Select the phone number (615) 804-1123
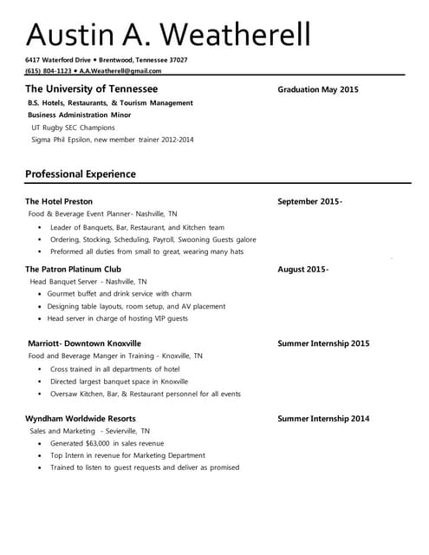(x=49, y=71)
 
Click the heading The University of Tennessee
(x=91, y=89)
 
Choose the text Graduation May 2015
(x=317, y=90)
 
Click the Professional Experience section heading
(x=80, y=174)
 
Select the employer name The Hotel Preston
(x=59, y=201)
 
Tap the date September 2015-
(x=309, y=201)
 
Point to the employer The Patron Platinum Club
(x=73, y=269)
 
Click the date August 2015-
(x=302, y=269)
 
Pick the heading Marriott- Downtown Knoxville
(x=84, y=343)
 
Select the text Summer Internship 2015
(x=323, y=343)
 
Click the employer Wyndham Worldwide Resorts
(x=80, y=419)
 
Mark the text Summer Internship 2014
(x=323, y=419)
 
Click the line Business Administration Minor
(x=80, y=114)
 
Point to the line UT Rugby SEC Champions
(x=73, y=127)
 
